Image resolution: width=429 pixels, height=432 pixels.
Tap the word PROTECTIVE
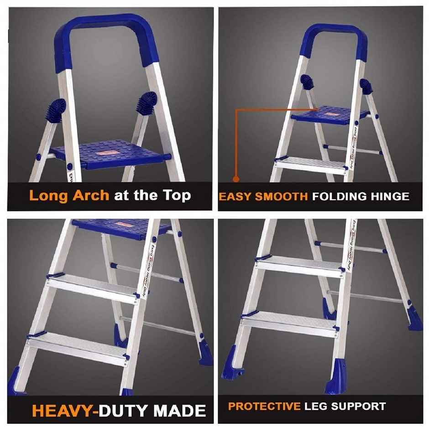pos(264,406)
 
